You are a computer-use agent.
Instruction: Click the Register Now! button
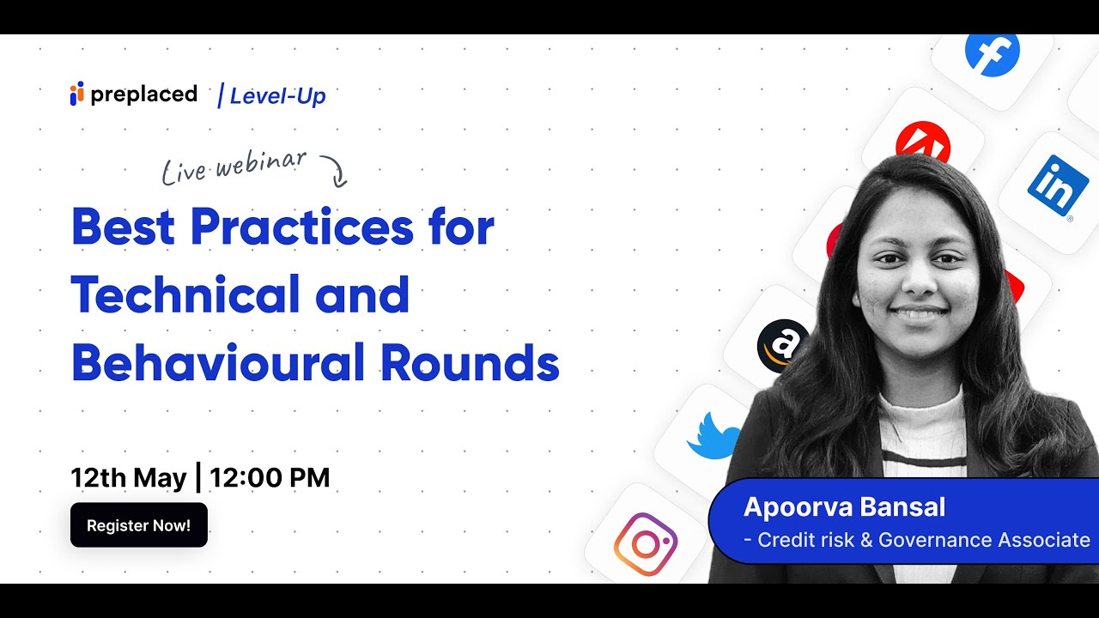point(138,525)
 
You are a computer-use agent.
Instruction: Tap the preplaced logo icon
point(77,94)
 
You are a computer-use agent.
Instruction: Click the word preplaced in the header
point(143,94)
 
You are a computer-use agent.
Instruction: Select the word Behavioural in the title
point(218,363)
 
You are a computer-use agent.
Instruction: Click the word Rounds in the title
point(470,363)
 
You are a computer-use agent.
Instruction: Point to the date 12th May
point(128,477)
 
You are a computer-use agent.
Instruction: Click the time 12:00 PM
point(269,477)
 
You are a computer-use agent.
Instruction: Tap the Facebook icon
point(992,53)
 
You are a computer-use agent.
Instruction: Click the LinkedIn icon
point(1057,186)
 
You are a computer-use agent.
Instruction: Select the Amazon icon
point(782,346)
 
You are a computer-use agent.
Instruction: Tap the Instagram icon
point(645,544)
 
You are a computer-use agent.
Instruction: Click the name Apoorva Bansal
point(844,507)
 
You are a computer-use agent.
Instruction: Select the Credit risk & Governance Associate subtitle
point(916,540)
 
